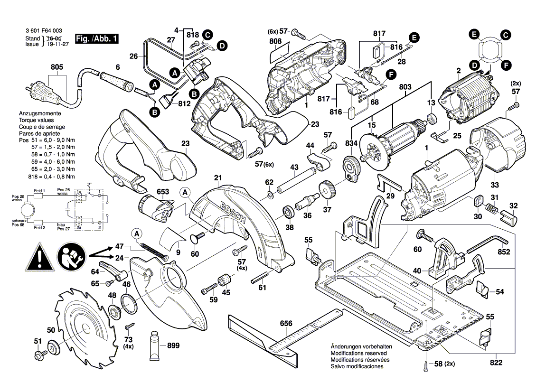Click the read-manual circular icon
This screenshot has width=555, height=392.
click(71, 257)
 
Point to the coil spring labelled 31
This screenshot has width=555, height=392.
click(492, 208)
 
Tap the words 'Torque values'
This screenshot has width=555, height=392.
click(36, 121)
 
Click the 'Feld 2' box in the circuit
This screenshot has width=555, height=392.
click(39, 222)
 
